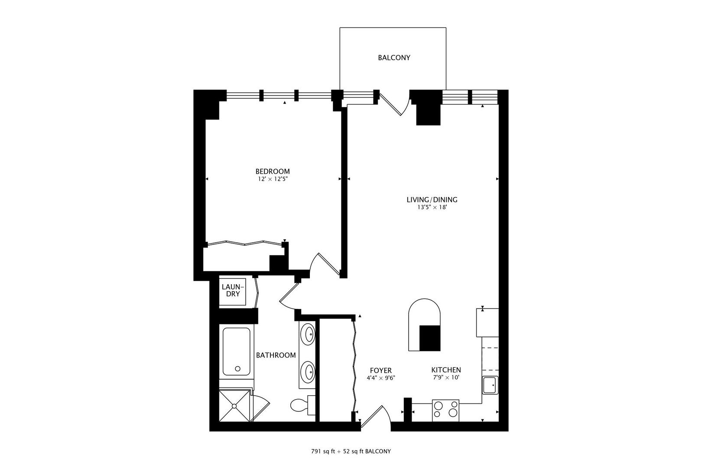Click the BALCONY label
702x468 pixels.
point(394,58)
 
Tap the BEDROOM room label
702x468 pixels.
point(272,171)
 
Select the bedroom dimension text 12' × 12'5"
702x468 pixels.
point(272,179)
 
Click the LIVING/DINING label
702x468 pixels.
point(432,200)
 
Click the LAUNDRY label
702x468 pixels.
point(233,290)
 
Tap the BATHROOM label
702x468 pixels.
point(276,355)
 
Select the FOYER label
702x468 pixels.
point(380,370)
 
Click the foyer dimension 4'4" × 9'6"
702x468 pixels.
point(380,378)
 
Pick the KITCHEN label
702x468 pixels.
point(446,370)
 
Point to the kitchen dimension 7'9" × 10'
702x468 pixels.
point(446,377)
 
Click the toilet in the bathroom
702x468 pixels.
point(302,406)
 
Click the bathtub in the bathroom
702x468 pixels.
point(236,351)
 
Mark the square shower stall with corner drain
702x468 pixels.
point(235,406)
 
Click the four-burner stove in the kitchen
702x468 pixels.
point(445,409)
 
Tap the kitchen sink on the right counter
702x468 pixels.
point(491,385)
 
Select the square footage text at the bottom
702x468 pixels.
point(351,451)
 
